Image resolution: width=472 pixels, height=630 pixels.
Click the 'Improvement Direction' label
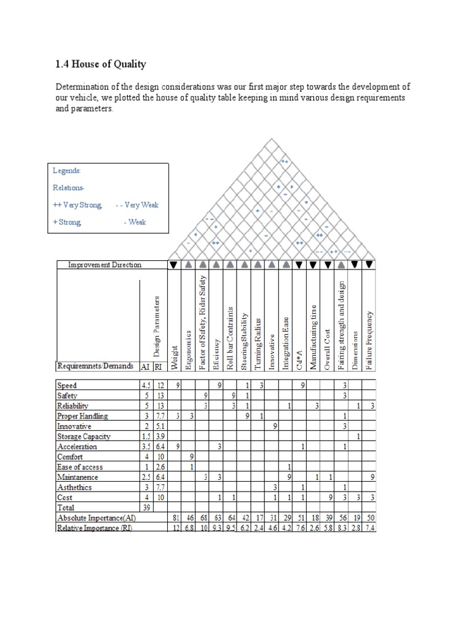coord(104,265)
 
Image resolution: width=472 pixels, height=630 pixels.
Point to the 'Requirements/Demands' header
coord(95,366)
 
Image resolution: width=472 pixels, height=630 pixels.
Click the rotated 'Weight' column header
coord(175,357)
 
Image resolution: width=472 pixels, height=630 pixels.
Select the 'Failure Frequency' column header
coord(369,341)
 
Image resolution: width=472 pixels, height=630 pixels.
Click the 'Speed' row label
coord(67,385)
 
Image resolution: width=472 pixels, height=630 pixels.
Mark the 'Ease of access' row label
coord(80,467)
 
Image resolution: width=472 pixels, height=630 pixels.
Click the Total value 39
coord(146,508)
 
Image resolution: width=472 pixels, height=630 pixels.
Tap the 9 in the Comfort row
coord(192,457)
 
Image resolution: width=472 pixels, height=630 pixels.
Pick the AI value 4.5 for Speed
coord(145,385)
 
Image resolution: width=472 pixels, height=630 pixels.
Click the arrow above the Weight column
coord(175,265)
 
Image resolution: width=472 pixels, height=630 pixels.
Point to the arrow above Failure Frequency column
coord(369,265)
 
